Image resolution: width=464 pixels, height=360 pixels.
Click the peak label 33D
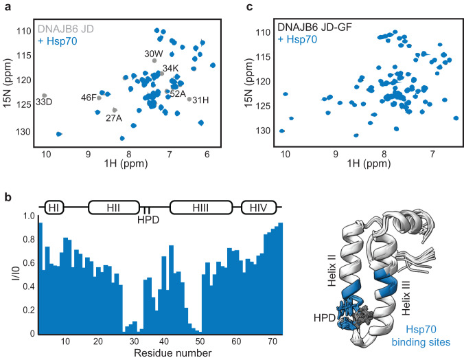coord(44,102)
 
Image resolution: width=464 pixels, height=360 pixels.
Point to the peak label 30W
coord(153,54)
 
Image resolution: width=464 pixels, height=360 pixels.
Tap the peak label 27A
coord(114,117)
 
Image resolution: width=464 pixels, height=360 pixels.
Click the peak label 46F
coord(89,98)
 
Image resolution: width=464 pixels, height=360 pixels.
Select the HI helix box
coord(54,207)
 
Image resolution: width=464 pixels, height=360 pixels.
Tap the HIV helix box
coord(258,207)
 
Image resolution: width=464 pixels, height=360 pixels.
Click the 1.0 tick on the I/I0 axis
coord(28,216)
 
